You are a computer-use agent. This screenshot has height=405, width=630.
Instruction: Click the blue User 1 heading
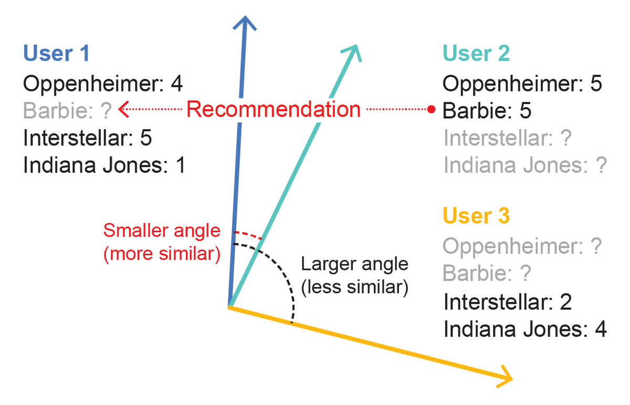tap(56, 54)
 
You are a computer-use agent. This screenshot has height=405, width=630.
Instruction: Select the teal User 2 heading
tap(476, 54)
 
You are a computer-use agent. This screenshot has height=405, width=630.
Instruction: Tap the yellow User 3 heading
tap(476, 216)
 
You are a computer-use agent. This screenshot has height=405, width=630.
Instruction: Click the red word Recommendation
tap(274, 110)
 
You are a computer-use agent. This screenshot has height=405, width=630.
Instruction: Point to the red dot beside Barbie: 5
tap(431, 110)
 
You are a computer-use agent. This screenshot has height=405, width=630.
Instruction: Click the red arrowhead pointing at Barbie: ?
tap(124, 110)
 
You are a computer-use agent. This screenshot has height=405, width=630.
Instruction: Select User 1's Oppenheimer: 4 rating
tap(103, 83)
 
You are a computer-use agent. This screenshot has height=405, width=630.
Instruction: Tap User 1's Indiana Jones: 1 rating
tap(104, 165)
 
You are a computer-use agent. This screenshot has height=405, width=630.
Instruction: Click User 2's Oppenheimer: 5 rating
tap(522, 83)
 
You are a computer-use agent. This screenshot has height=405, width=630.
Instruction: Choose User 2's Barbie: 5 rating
tap(487, 111)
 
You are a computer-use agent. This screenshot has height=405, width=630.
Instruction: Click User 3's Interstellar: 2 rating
tap(508, 303)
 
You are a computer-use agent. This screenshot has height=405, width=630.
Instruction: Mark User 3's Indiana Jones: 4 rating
tap(525, 330)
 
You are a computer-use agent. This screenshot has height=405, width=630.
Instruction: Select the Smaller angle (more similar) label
tap(162, 242)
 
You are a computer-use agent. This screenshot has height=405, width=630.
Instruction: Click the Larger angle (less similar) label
tap(354, 275)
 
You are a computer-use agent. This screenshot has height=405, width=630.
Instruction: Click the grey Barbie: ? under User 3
tap(487, 274)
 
